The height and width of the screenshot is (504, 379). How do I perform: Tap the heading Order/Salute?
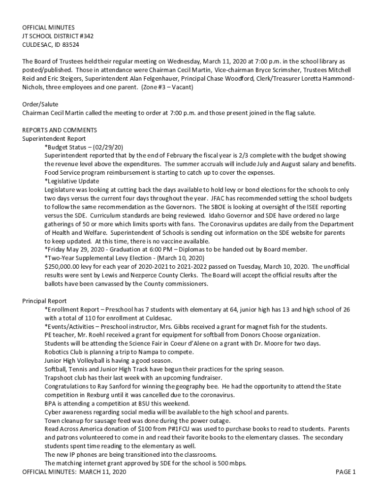pyautogui.click(x=40, y=104)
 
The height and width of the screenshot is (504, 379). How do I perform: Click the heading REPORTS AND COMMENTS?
pyautogui.click(x=60, y=130)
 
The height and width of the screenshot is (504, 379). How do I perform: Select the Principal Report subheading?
pyautogui.click(x=44, y=301)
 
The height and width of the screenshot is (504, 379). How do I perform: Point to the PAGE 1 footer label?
pyautogui.click(x=346, y=472)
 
